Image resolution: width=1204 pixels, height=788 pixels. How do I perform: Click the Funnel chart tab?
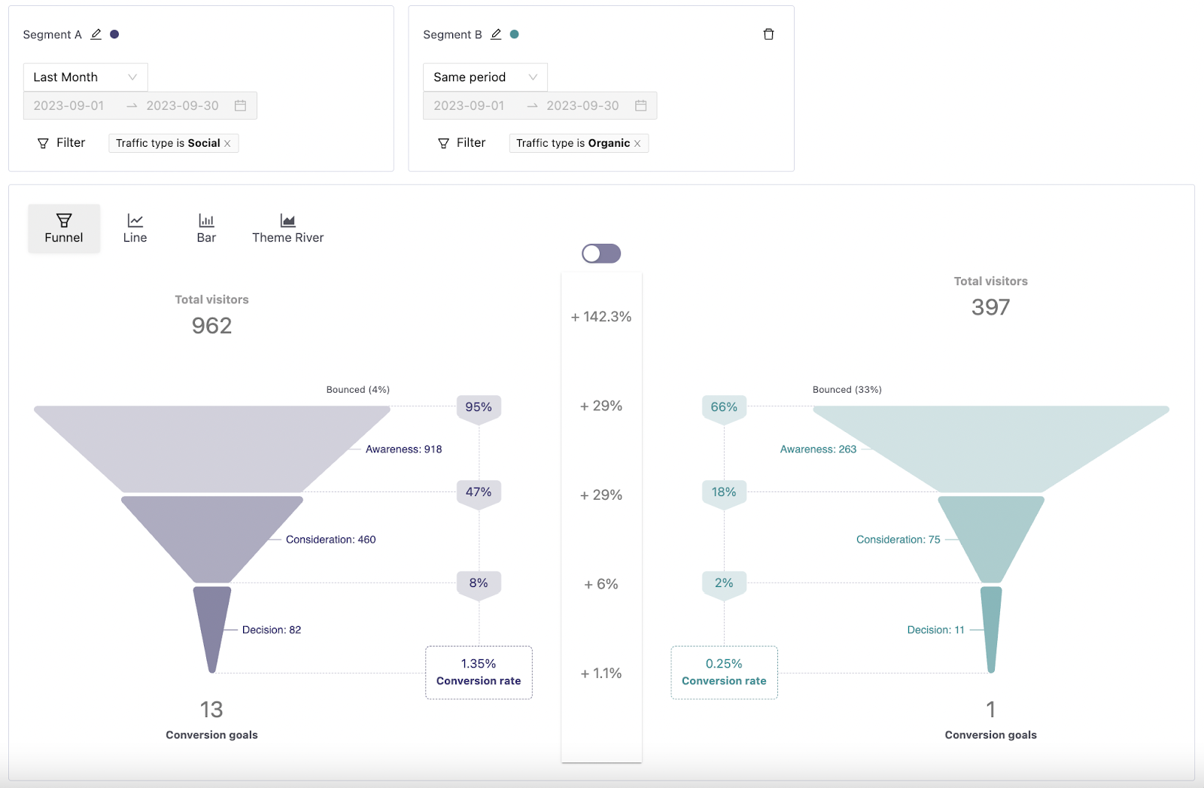tap(64, 228)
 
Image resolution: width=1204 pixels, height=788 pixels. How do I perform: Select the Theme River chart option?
tap(287, 228)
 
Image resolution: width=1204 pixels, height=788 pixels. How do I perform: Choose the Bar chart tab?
tap(206, 228)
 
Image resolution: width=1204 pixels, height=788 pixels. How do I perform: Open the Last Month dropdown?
tap(85, 77)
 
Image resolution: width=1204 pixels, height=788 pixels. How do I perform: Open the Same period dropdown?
tap(485, 77)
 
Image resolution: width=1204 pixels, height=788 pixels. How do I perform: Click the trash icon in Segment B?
tap(768, 35)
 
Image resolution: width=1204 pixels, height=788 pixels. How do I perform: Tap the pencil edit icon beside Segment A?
tap(96, 35)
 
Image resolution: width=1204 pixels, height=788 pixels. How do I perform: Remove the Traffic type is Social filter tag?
tap(227, 144)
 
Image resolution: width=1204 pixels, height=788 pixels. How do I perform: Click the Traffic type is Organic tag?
tap(573, 143)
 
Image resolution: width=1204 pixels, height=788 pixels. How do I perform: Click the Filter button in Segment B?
tap(462, 143)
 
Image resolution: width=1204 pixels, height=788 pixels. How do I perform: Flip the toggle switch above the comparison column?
tap(601, 254)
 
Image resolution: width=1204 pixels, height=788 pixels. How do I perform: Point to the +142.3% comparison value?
tap(601, 317)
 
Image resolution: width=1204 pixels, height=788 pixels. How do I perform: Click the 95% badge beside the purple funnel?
tap(479, 407)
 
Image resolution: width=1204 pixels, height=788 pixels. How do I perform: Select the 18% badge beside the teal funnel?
tap(724, 492)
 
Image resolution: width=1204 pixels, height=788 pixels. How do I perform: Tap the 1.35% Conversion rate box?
tap(479, 672)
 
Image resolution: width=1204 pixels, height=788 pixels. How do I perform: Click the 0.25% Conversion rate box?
tap(724, 672)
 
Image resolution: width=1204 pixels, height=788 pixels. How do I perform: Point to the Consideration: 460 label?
tap(330, 540)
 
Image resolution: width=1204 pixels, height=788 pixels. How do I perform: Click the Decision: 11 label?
tap(935, 630)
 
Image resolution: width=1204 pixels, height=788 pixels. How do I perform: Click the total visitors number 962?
tap(211, 326)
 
